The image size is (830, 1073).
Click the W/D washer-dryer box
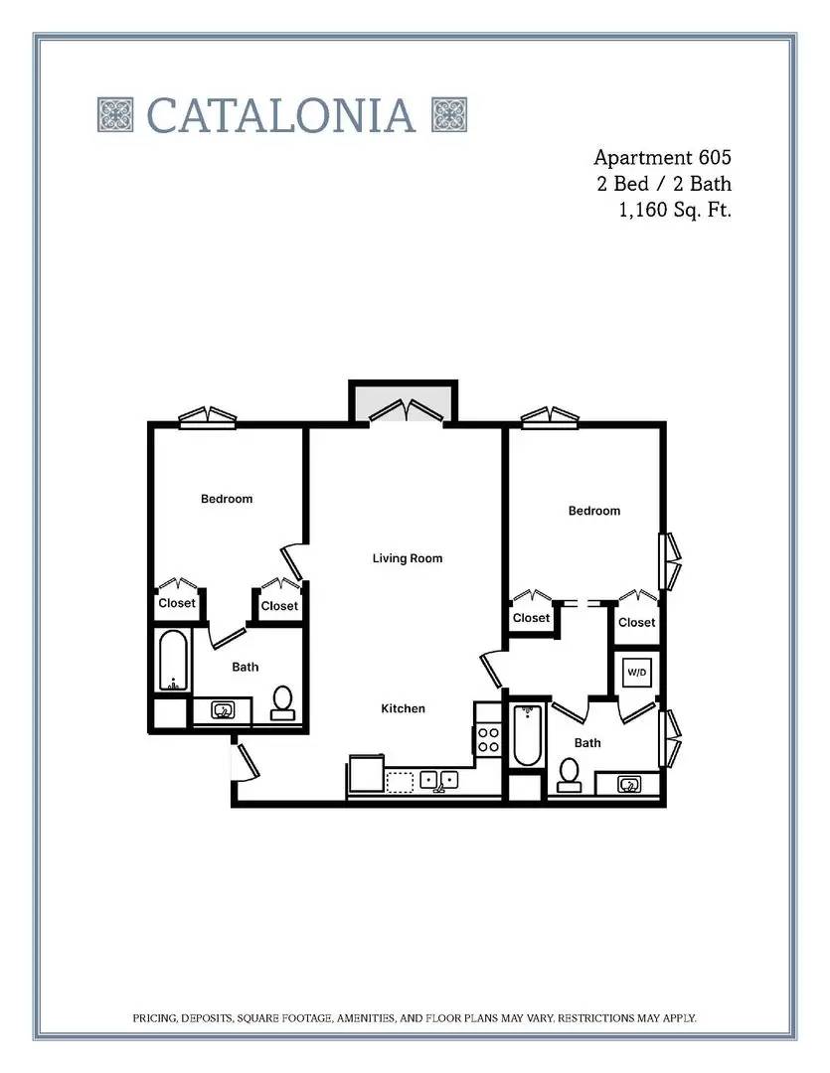[x=636, y=672]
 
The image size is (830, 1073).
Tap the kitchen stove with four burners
[x=488, y=739]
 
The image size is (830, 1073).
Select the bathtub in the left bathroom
[x=173, y=661]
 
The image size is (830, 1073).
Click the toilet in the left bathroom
[x=283, y=703]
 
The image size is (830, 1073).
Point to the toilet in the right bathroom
[x=570, y=775]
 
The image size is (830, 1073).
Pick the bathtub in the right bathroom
[x=527, y=735]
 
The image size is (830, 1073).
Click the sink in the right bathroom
[x=629, y=784]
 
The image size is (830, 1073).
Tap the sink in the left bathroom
[x=223, y=709]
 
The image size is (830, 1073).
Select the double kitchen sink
[x=439, y=781]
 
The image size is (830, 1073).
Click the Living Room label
[x=408, y=558]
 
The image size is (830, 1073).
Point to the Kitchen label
[x=403, y=709]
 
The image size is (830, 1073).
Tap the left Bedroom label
[x=227, y=499]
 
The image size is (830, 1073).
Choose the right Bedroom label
[x=594, y=511]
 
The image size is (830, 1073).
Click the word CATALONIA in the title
[x=280, y=114]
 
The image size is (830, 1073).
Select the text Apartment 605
[x=662, y=157]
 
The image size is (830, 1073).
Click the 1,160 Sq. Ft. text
[x=675, y=210]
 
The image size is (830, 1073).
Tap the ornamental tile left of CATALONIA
[x=115, y=114]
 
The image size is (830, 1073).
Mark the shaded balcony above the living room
[x=403, y=402]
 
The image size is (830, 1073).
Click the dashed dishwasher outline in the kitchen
[x=400, y=782]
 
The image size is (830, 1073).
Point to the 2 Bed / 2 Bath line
[x=664, y=184]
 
